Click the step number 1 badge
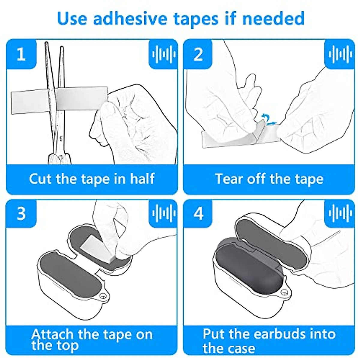(21, 54)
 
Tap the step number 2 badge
(198, 54)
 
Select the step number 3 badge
(21, 214)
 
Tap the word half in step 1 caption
(142, 179)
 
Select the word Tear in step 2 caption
(228, 179)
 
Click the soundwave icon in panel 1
(163, 54)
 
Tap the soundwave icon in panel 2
(340, 54)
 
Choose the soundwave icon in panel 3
(163, 214)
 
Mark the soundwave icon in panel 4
(340, 214)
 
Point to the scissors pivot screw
(60, 157)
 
